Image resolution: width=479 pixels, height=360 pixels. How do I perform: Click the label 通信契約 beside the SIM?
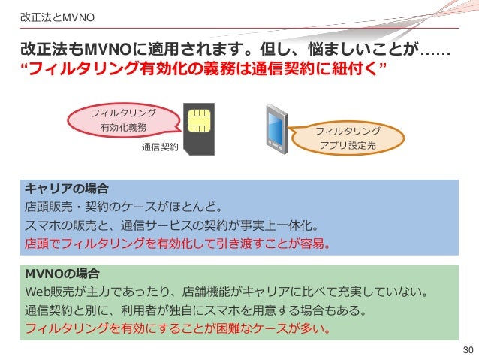tap(160, 147)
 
